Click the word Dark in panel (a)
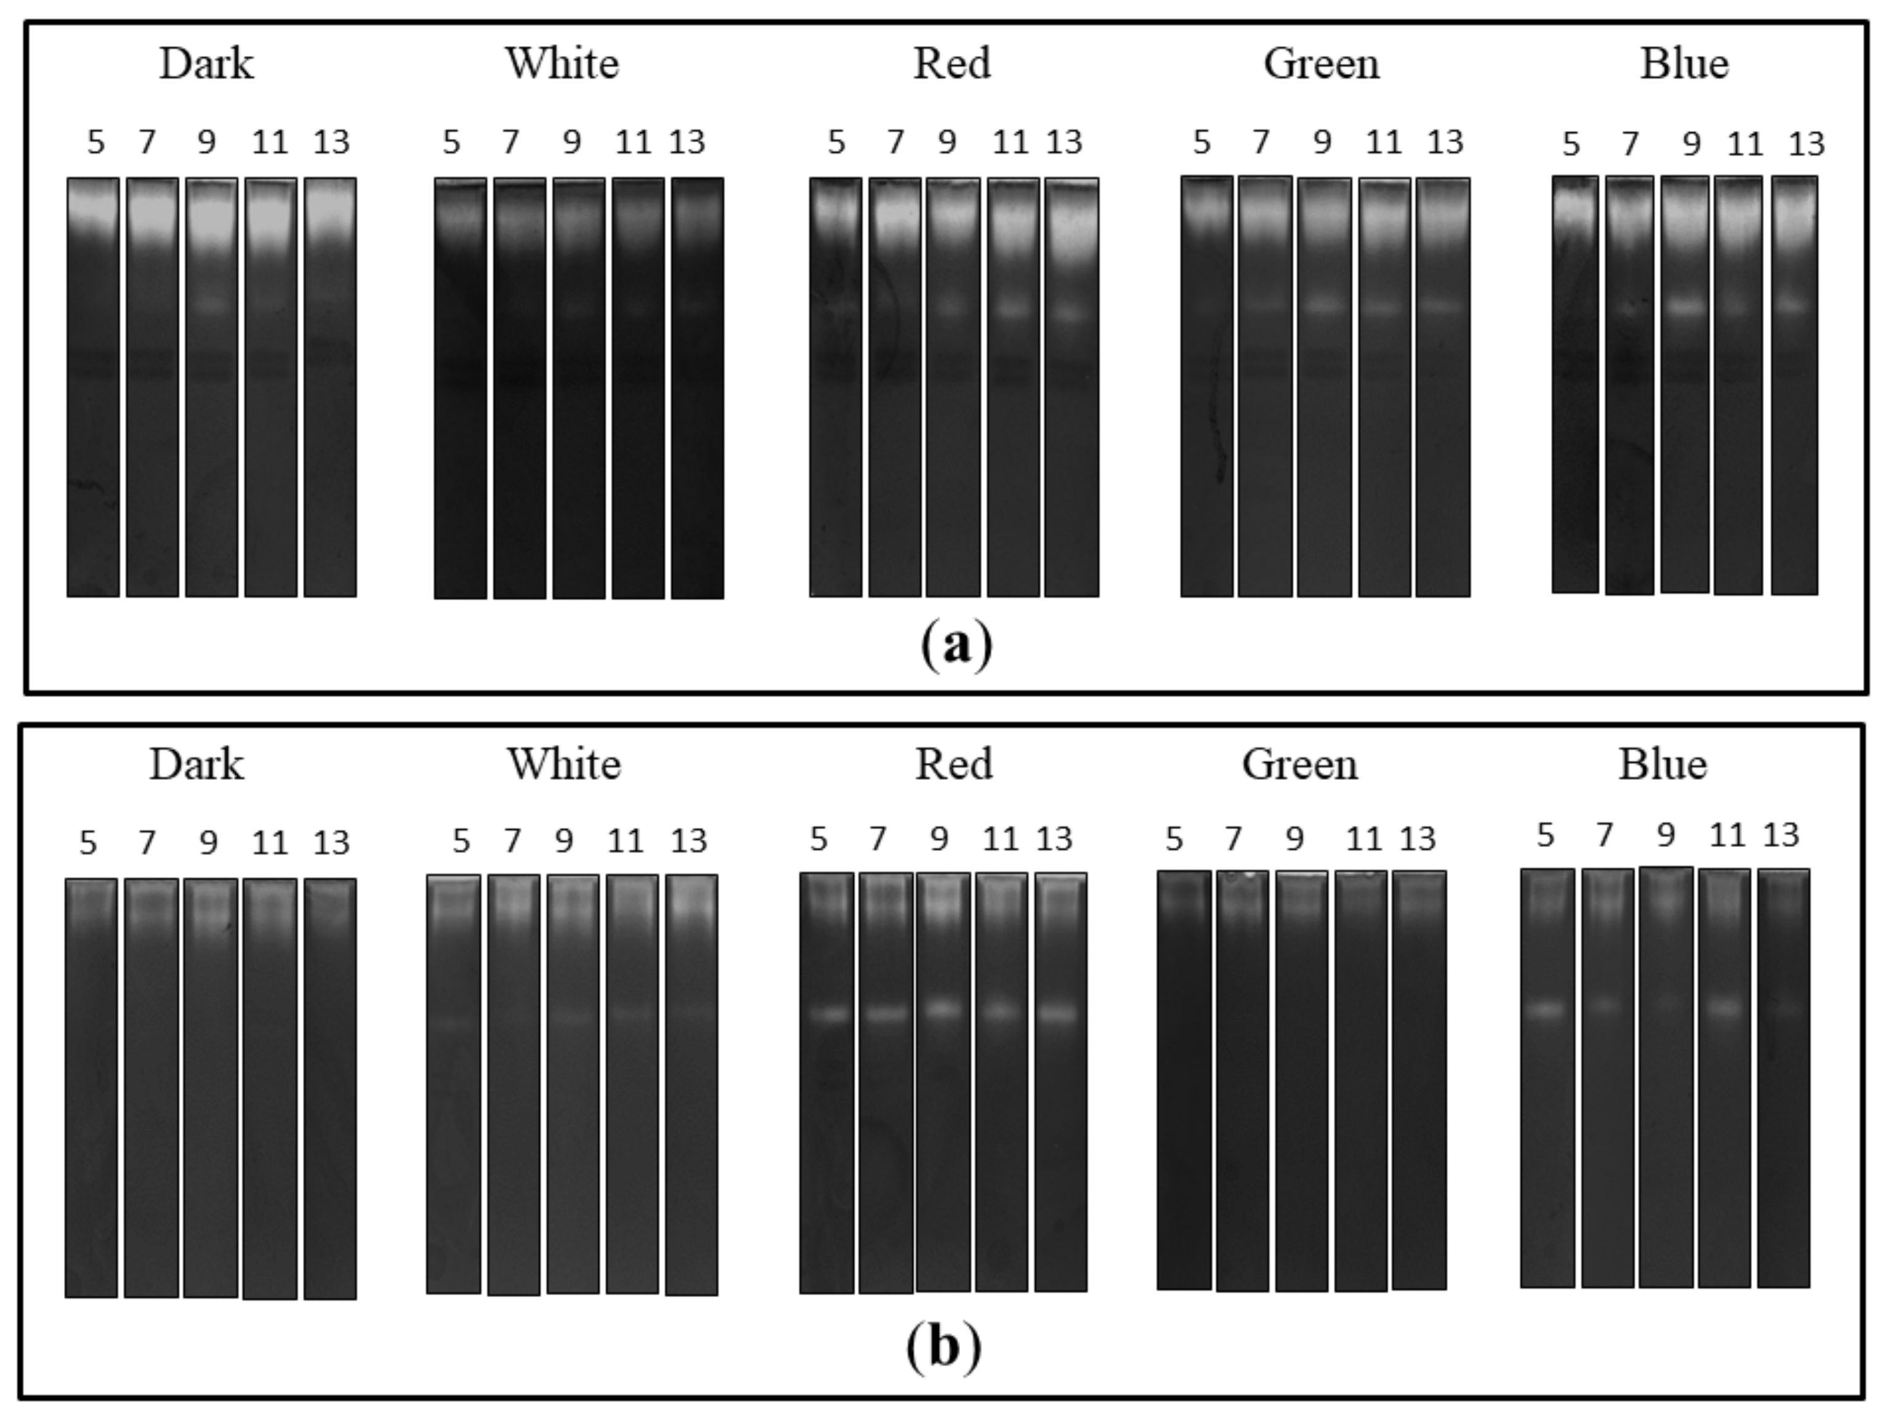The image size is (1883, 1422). click(x=206, y=64)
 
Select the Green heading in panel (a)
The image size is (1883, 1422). click(x=1321, y=64)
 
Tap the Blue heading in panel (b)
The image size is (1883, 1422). click(x=1662, y=764)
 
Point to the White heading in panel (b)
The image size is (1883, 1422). click(x=565, y=764)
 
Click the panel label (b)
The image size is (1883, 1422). click(x=943, y=1346)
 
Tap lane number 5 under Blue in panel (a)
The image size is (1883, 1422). click(x=1571, y=144)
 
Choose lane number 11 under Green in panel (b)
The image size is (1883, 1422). click(x=1363, y=840)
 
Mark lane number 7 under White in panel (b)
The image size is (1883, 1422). click(x=512, y=841)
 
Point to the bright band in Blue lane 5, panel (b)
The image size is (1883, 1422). click(x=1547, y=1010)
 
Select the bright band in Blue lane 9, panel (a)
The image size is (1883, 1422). click(x=1685, y=307)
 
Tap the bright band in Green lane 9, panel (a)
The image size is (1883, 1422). click(x=1324, y=305)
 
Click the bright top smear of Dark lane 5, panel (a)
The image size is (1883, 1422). click(x=93, y=209)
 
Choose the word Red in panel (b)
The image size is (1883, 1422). click(x=953, y=764)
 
